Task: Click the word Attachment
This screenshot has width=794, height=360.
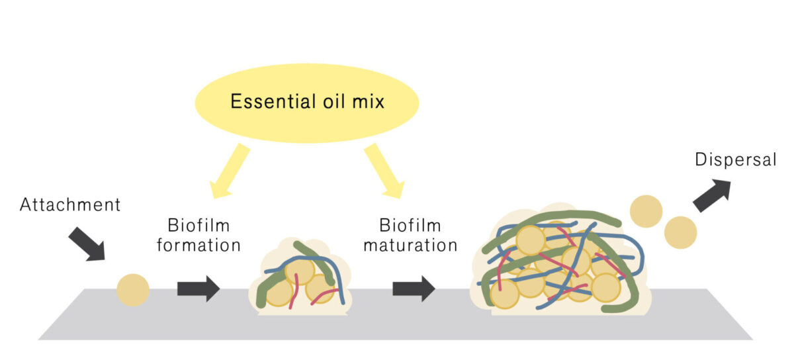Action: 71,204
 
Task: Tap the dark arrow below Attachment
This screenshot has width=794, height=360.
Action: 87,243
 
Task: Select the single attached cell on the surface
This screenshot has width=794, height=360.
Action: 133,290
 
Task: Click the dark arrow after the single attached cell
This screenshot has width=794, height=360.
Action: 198,289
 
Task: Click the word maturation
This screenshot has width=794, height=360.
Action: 419,245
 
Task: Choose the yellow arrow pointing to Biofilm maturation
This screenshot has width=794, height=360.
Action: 384,171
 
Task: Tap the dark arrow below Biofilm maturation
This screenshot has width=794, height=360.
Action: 414,289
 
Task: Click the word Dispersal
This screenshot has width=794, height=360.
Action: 735,159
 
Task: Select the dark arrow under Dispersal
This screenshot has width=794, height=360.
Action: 711,196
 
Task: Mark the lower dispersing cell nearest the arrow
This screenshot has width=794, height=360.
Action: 680,232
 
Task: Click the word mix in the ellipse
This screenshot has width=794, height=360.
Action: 366,103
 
